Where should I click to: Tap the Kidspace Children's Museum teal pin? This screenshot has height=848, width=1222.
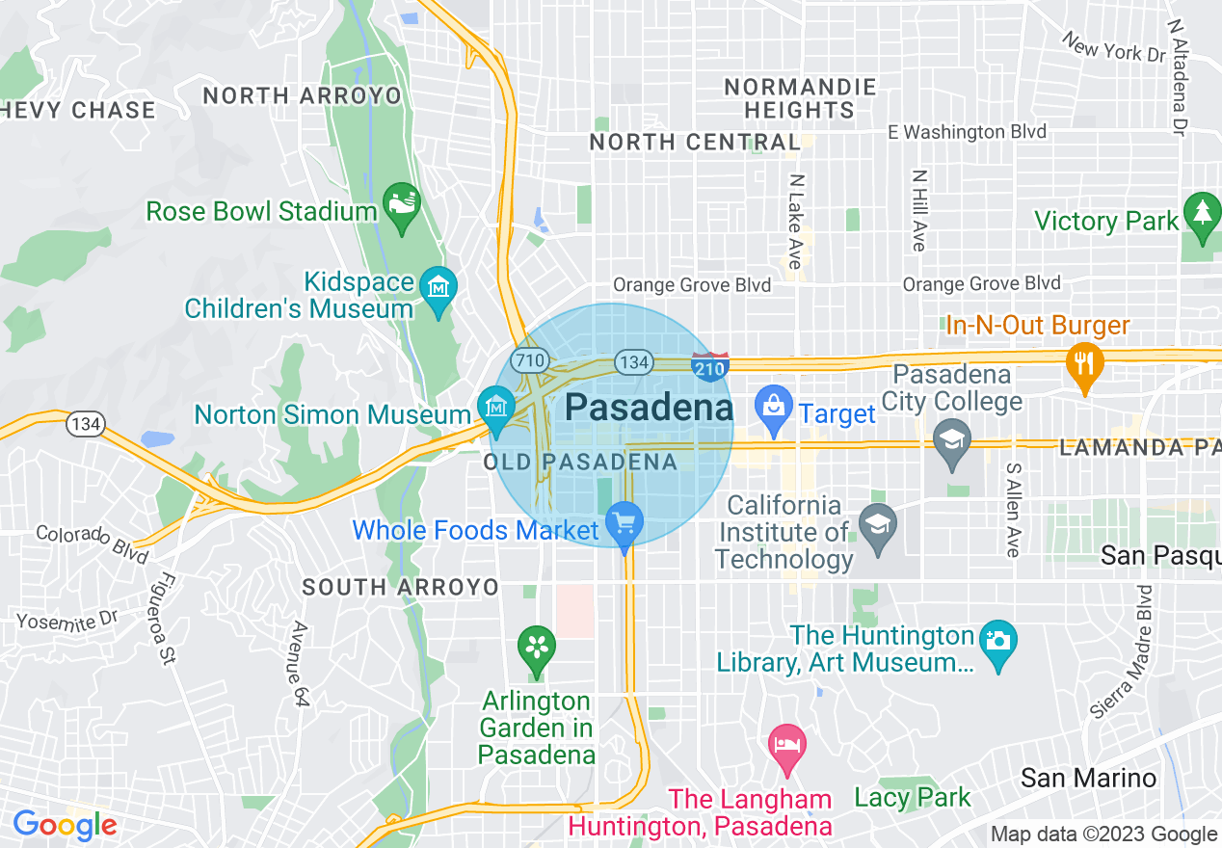438,287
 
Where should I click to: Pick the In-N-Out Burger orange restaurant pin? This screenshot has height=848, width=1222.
1085,362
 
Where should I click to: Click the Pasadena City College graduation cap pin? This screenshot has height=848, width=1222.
952,439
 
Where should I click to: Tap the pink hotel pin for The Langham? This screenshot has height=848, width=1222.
787,744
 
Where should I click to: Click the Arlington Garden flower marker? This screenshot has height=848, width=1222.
537,647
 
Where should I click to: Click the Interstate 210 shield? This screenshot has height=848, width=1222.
710,365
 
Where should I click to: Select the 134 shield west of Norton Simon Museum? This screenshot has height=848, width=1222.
85,422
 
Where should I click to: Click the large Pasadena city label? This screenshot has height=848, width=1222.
649,408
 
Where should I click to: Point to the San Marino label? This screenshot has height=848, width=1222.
1088,778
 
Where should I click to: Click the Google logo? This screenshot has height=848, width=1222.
65,826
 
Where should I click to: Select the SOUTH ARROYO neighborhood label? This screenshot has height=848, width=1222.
400,587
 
